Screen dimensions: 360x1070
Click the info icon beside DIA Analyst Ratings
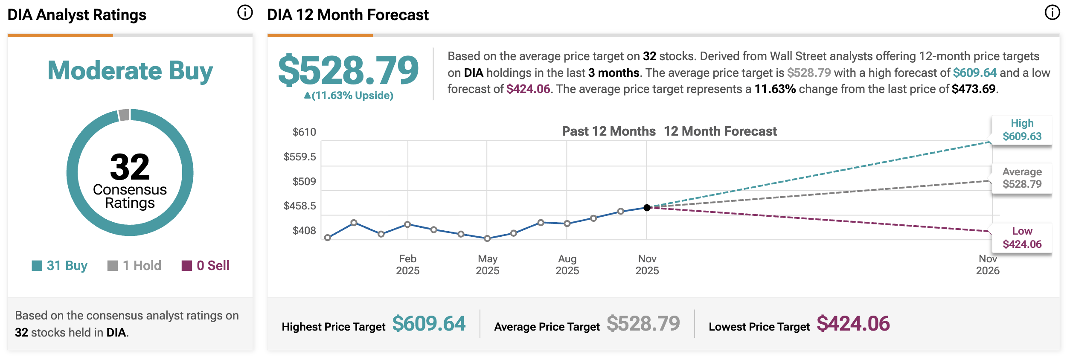pyautogui.click(x=245, y=13)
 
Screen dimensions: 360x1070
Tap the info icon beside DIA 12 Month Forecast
pyautogui.click(x=1052, y=13)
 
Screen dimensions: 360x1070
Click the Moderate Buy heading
pyautogui.click(x=130, y=70)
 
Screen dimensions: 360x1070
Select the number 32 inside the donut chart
pyautogui.click(x=130, y=167)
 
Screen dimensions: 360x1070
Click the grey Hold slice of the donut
pyautogui.click(x=124, y=115)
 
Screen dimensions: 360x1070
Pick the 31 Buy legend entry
pyautogui.click(x=60, y=265)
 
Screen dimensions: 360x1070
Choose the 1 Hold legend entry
pyautogui.click(x=134, y=265)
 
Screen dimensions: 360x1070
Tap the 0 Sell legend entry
pyautogui.click(x=206, y=265)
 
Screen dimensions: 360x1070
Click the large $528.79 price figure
pyautogui.click(x=348, y=70)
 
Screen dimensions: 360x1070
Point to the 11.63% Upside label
pyautogui.click(x=349, y=96)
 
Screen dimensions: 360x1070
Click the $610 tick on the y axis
pyautogui.click(x=304, y=132)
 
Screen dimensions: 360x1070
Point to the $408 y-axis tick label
pyautogui.click(x=304, y=231)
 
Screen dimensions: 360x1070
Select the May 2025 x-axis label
pyautogui.click(x=487, y=264)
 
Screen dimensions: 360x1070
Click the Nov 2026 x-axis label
pyautogui.click(x=988, y=264)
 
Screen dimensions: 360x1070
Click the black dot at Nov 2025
pyautogui.click(x=647, y=208)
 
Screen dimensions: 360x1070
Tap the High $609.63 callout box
pyautogui.click(x=1022, y=130)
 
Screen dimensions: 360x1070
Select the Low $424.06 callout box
pyautogui.click(x=1022, y=238)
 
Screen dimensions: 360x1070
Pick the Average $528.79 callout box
pyautogui.click(x=1022, y=178)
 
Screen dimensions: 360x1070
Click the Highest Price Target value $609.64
pyautogui.click(x=429, y=324)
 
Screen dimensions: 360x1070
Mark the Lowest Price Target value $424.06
pyautogui.click(x=853, y=324)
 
